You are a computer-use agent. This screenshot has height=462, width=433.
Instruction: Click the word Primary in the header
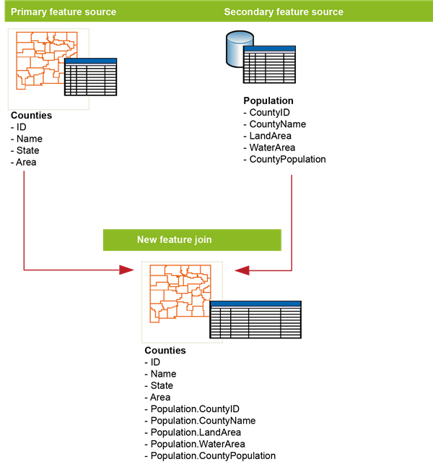click(x=29, y=12)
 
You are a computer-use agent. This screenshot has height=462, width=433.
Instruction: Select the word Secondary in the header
click(x=247, y=12)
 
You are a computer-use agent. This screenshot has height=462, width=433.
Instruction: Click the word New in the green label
click(x=147, y=240)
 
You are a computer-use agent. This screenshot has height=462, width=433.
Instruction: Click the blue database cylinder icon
click(x=238, y=48)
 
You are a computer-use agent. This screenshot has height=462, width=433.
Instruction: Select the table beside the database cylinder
click(x=270, y=65)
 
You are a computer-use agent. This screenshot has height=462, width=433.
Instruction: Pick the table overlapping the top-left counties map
click(x=90, y=77)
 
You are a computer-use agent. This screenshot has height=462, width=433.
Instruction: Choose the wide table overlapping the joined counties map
click(x=255, y=320)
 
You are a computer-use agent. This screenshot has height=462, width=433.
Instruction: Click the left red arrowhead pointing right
click(x=126, y=270)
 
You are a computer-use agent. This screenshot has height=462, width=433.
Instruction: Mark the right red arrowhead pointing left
click(x=242, y=270)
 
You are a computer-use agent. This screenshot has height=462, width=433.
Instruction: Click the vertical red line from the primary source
click(x=25, y=217)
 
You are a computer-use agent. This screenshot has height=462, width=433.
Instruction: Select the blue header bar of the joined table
click(x=255, y=304)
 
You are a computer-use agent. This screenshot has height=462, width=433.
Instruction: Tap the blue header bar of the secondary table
click(x=270, y=49)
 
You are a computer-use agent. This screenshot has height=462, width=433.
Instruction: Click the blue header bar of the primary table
click(x=90, y=61)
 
